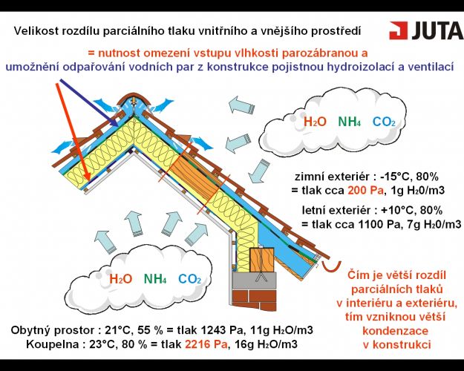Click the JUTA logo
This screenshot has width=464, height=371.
click(426, 30)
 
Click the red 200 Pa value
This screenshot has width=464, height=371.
click(365, 190)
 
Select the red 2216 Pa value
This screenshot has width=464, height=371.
click(206, 344)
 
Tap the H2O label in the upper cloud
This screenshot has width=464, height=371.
click(316, 122)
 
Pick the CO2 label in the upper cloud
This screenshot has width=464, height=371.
click(384, 122)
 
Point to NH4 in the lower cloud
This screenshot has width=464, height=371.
click(155, 279)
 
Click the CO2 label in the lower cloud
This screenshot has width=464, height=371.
click(190, 279)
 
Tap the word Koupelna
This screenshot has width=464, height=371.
click(53, 344)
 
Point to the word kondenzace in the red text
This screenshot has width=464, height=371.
click(396, 330)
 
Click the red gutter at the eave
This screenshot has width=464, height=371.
click(332, 266)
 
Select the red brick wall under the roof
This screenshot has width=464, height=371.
click(254, 300)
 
